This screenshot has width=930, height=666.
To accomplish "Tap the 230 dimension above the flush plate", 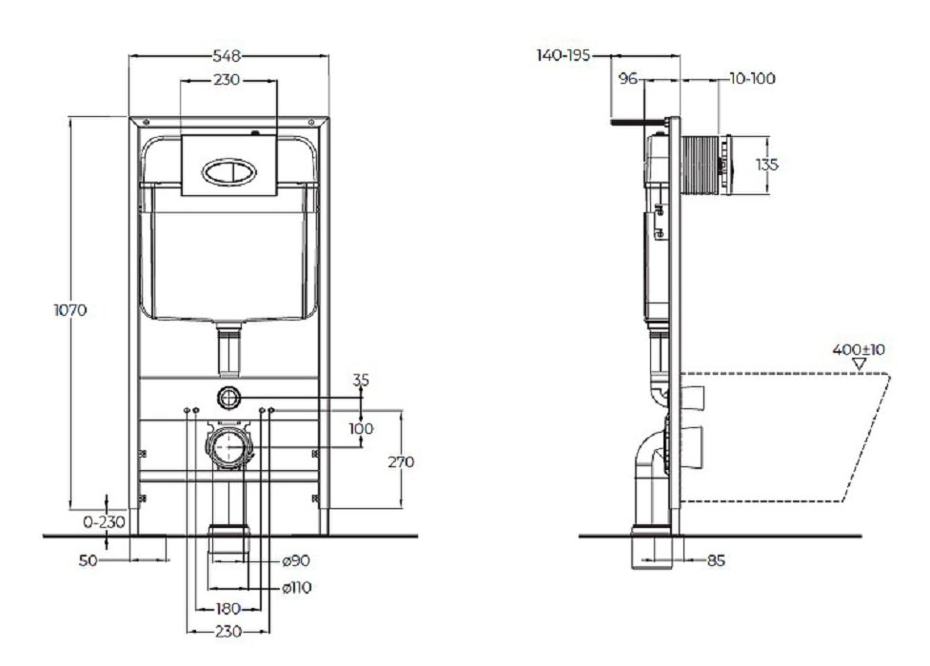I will [x=226, y=81].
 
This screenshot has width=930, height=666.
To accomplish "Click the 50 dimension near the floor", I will [x=88, y=561].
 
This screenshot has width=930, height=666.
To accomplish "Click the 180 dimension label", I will [x=226, y=609].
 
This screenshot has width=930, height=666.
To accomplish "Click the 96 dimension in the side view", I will [x=627, y=79].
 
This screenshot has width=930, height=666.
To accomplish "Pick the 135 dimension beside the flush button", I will [x=766, y=165].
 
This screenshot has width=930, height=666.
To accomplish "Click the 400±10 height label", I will [x=859, y=349].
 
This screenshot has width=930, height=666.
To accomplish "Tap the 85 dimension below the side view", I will [x=716, y=561].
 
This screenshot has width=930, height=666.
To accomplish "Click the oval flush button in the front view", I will [x=228, y=172].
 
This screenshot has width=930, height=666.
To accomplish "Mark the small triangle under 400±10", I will [x=860, y=364].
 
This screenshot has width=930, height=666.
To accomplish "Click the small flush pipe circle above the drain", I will [x=228, y=397].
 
